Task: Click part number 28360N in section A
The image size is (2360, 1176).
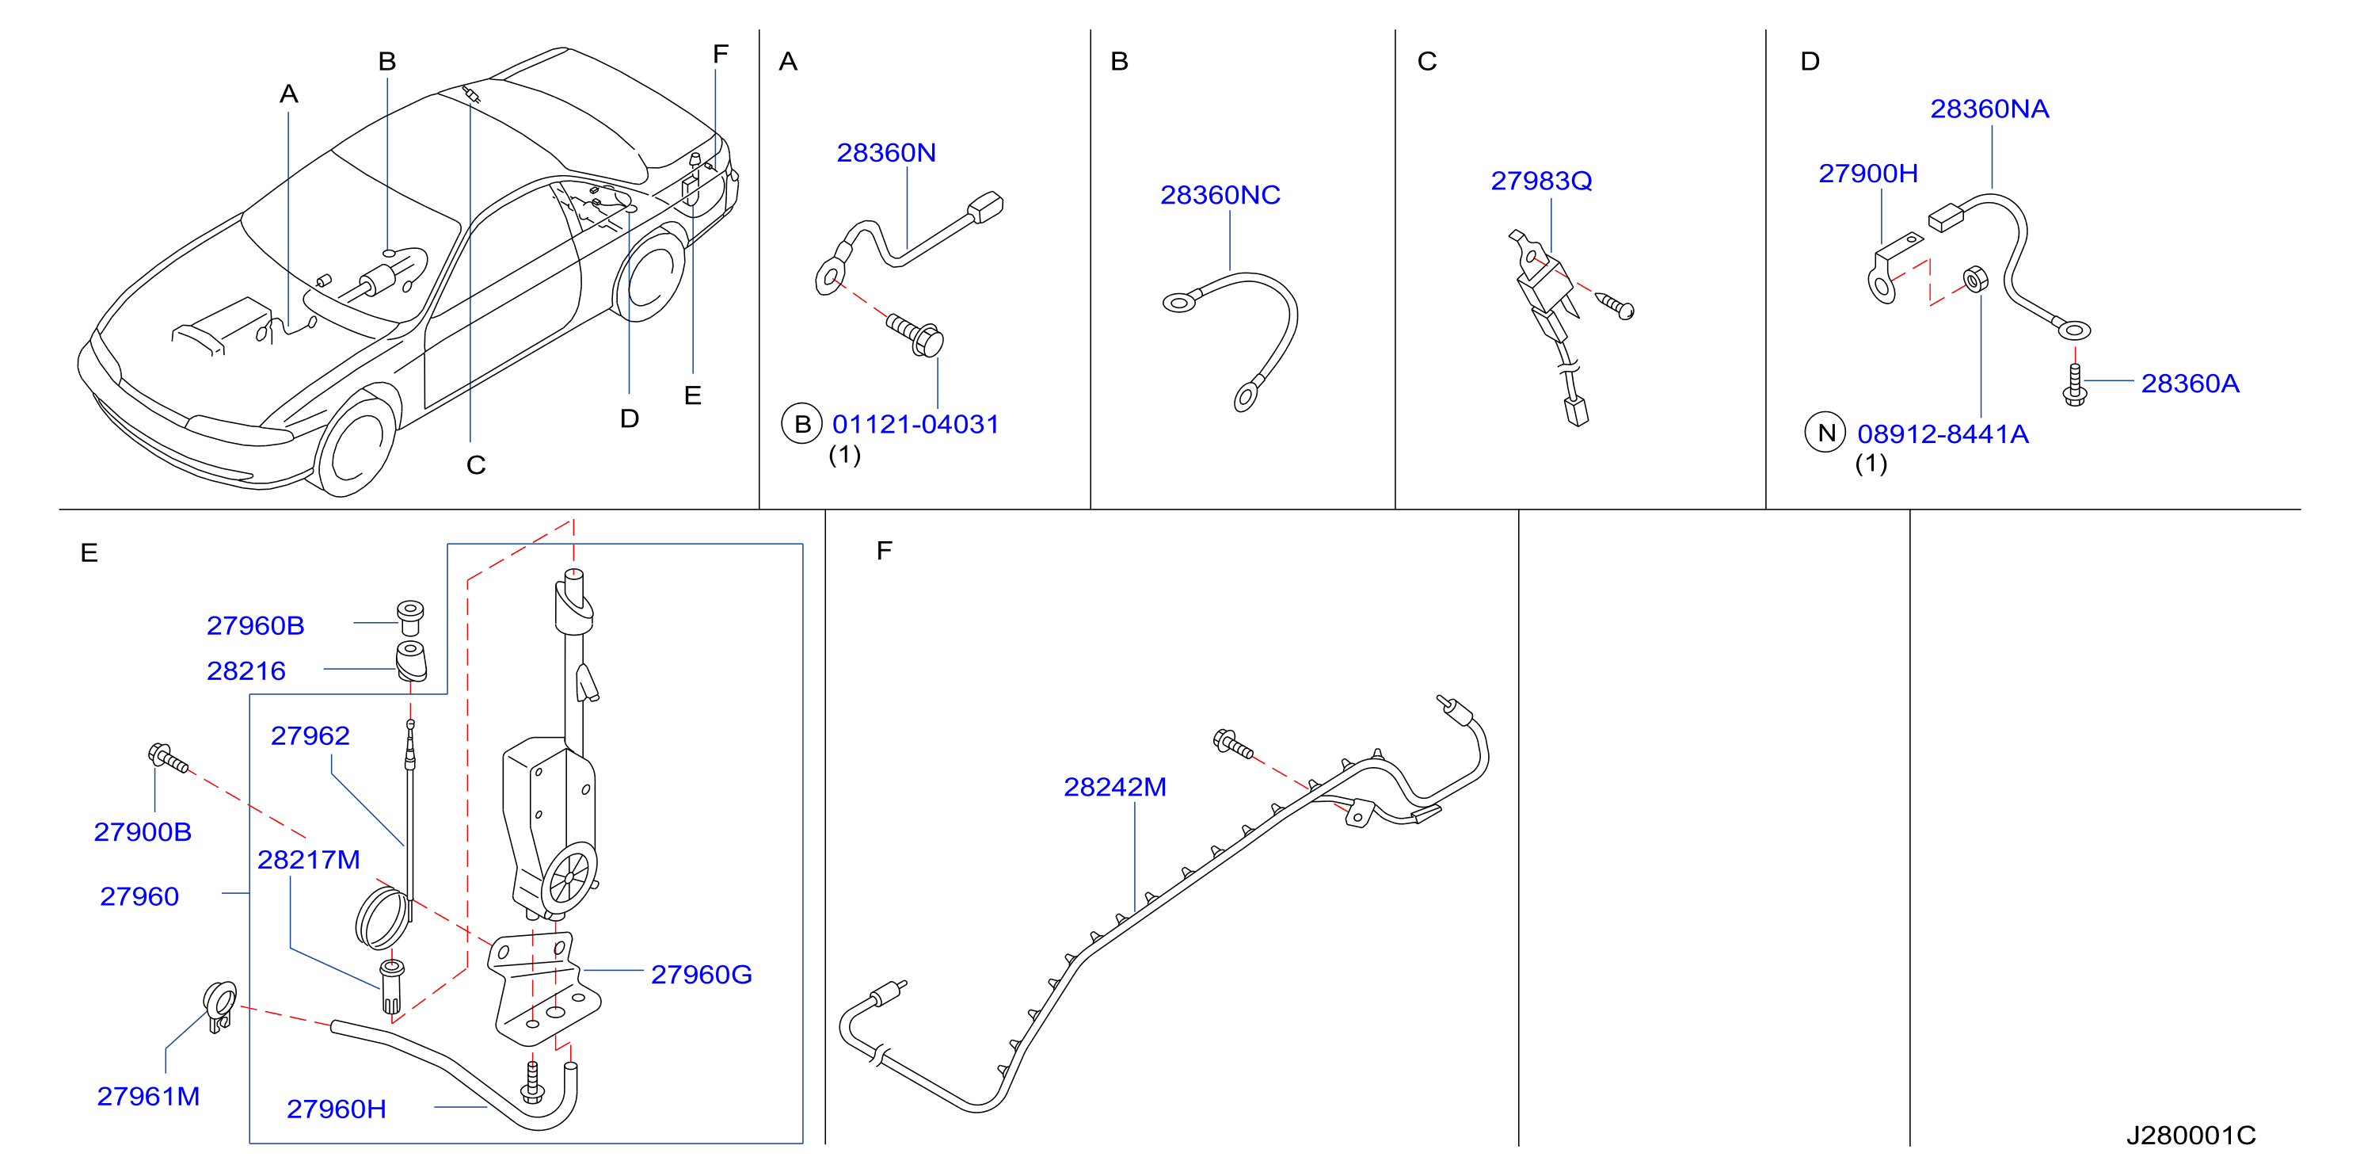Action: point(886,152)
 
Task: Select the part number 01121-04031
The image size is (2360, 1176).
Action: point(915,425)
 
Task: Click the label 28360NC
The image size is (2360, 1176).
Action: point(1220,194)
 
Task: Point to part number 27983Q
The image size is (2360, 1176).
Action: point(1541,181)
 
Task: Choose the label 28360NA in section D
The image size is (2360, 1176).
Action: point(1989,109)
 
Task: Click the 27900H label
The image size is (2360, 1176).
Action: point(1868,174)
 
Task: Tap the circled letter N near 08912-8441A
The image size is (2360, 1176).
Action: point(1825,433)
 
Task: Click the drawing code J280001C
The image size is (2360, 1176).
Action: point(2191,1136)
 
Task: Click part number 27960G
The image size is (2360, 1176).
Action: point(701,975)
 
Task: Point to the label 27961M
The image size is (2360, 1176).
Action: point(148,1096)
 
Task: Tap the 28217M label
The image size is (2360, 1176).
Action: point(309,860)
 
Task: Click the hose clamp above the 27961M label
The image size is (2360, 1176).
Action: point(220,1006)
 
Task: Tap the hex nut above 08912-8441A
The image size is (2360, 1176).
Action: point(1975,279)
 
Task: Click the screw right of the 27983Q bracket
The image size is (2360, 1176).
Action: point(1615,305)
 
